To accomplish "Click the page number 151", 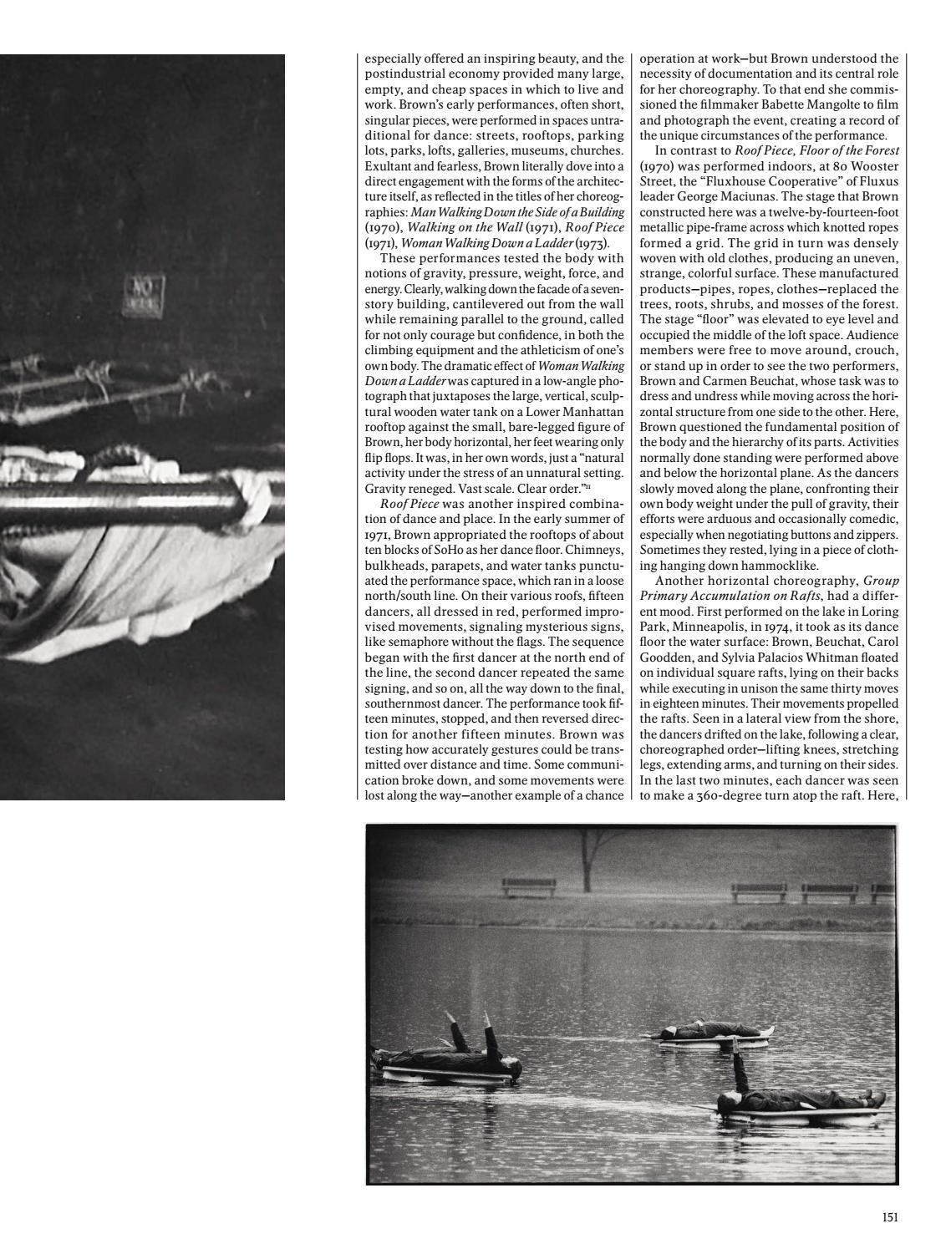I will pos(889,1217).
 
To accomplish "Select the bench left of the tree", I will pos(528,887).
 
